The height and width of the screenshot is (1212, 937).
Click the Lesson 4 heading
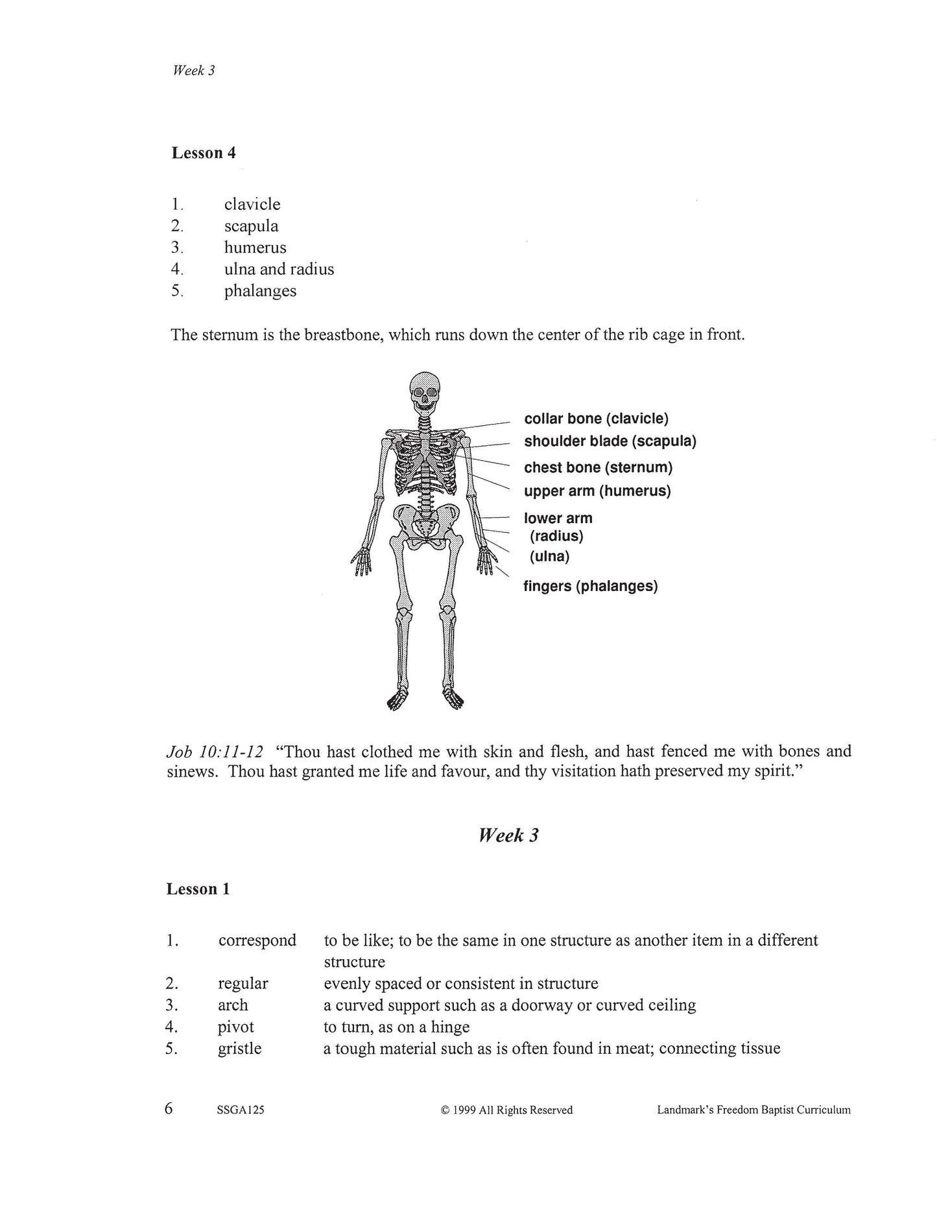[204, 153]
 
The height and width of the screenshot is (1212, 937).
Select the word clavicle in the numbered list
[252, 204]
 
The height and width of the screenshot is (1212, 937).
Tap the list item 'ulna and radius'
[279, 269]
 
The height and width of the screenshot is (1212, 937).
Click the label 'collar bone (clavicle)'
[596, 419]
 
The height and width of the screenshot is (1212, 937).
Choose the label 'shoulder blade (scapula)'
[610, 441]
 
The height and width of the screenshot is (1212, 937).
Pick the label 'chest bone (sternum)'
[598, 467]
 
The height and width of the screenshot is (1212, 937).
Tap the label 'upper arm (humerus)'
[597, 491]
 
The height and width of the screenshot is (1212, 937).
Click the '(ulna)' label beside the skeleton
[549, 556]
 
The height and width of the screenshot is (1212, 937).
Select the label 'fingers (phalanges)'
[590, 586]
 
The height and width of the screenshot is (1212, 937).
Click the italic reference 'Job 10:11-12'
[215, 752]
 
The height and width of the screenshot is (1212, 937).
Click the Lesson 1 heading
[198, 889]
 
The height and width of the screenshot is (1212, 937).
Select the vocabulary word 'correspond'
[257, 940]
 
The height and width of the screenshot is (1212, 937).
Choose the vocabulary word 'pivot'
[236, 1027]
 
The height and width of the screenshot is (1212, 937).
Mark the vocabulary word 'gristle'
[239, 1049]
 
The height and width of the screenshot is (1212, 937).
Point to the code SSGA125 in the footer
[241, 1110]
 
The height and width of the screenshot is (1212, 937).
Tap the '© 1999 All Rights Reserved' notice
[506, 1110]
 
